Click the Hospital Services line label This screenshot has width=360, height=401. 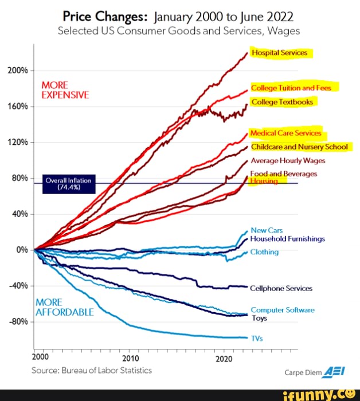279,53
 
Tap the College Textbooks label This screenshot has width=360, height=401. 282,102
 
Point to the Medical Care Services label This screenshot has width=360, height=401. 286,133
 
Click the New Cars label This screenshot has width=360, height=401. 267,230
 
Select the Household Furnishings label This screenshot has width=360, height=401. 288,238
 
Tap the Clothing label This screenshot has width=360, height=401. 265,252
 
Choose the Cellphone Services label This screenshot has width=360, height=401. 281,288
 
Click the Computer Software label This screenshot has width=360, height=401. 283,310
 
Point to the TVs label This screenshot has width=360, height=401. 257,338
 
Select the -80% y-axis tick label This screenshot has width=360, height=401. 17,321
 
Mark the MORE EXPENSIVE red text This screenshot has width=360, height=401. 65,90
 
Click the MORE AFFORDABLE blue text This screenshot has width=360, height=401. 64,307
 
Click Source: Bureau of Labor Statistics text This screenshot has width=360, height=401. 92,370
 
